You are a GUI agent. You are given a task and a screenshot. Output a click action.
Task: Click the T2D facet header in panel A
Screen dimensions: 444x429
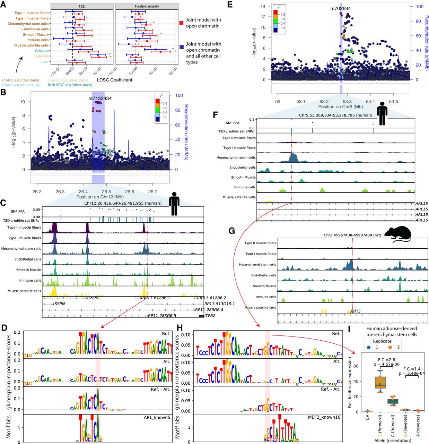click(82, 6)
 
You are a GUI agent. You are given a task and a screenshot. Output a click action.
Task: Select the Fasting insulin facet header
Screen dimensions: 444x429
click(147, 6)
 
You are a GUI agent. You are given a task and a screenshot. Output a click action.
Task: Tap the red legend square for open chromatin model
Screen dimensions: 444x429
click(182, 23)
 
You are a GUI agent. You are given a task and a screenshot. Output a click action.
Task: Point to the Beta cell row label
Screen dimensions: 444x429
click(41, 56)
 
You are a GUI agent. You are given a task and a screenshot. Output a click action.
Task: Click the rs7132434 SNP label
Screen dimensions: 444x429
click(100, 99)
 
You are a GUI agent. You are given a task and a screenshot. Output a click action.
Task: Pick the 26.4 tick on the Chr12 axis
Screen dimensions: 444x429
click(83, 191)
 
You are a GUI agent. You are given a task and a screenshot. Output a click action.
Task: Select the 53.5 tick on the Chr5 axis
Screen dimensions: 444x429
click(393, 101)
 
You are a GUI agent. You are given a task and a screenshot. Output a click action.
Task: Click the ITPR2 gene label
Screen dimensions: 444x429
click(210, 316)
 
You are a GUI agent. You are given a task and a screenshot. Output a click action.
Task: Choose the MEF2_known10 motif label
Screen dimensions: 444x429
click(325, 417)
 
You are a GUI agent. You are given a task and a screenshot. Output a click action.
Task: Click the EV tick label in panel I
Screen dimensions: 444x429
click(367, 417)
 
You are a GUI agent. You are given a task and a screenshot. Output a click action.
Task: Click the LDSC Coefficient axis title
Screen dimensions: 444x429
click(114, 80)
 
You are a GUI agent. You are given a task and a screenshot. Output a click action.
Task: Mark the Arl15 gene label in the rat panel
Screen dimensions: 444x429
click(355, 311)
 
